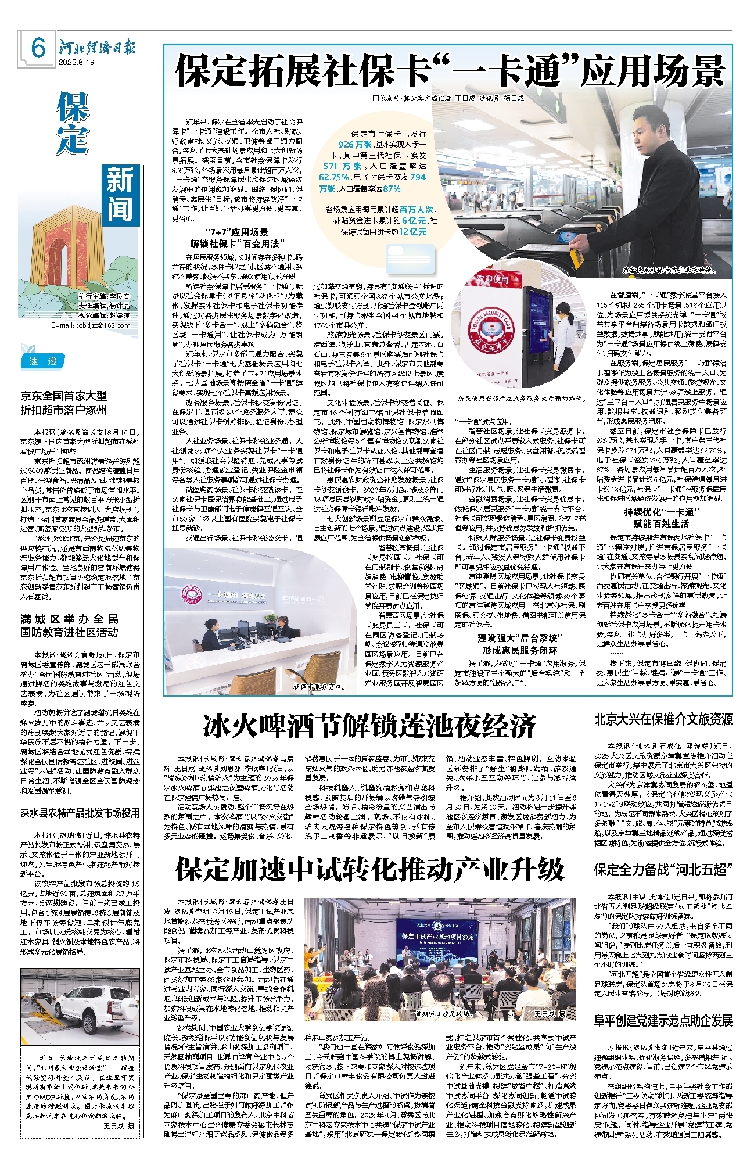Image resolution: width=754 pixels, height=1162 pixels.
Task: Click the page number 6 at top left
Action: (x=38, y=48)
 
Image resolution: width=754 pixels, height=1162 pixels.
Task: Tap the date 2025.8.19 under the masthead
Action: (x=76, y=63)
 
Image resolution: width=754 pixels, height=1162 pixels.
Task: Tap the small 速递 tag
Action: (x=44, y=361)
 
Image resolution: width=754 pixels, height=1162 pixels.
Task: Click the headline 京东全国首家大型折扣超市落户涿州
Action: (x=64, y=403)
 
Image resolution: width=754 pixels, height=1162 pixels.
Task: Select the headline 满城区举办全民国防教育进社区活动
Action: (x=69, y=626)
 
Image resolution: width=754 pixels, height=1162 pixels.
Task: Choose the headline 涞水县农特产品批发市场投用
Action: (x=80, y=813)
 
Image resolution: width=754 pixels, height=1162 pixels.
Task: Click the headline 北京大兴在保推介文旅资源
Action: (x=663, y=719)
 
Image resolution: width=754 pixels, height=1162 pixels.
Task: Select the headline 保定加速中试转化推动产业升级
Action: (x=370, y=870)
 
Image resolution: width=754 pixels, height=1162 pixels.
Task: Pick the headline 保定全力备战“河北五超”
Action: (x=663, y=870)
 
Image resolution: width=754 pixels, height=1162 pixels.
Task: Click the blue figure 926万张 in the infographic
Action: (x=354, y=144)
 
